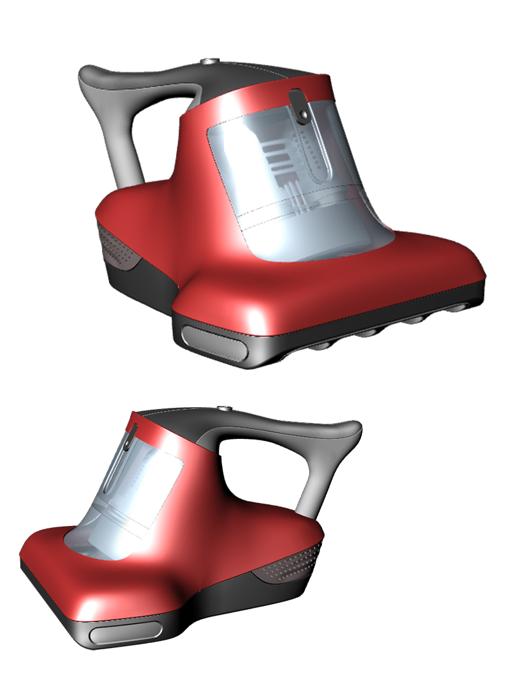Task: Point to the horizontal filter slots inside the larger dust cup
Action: [x=277, y=158]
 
